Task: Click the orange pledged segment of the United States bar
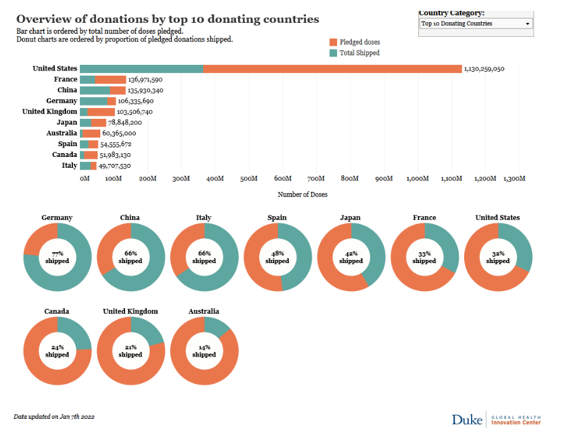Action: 332,69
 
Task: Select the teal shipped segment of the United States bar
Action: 142,69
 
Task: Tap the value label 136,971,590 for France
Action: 145,79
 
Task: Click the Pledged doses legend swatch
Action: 333,42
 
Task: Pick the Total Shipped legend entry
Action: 359,53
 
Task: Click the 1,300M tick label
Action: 514,179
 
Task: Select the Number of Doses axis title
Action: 303,194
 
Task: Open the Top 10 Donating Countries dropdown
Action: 475,24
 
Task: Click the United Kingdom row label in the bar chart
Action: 50,111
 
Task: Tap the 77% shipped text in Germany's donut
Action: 57,257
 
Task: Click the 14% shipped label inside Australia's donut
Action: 204,351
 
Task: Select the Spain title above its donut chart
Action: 277,217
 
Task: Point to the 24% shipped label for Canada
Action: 57,351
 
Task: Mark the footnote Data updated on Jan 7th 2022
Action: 54,417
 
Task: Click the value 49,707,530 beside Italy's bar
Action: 114,166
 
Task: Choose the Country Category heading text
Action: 451,13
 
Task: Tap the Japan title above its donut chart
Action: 350,217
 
